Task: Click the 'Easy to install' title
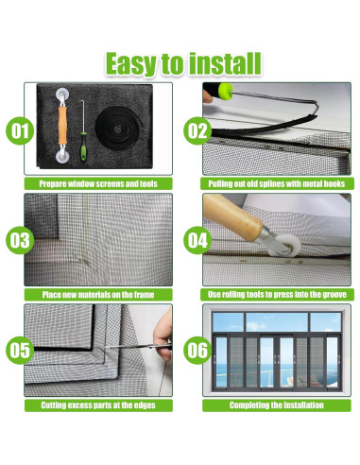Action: pyautogui.click(x=183, y=63)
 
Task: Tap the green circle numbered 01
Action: pyautogui.click(x=20, y=130)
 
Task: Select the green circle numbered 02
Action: pyautogui.click(x=197, y=130)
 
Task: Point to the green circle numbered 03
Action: pyautogui.click(x=20, y=240)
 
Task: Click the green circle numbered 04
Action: pyautogui.click(x=197, y=240)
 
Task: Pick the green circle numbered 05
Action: pyautogui.click(x=20, y=351)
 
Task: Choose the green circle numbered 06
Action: pyautogui.click(x=197, y=351)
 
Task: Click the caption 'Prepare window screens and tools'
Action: pyautogui.click(x=98, y=183)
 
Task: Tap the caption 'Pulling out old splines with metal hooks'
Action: pyautogui.click(x=277, y=183)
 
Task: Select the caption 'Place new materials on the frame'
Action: pyautogui.click(x=98, y=295)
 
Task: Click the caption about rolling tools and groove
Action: pyautogui.click(x=277, y=295)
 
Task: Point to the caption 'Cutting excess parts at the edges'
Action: pyautogui.click(x=98, y=405)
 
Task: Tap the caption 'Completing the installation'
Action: pyautogui.click(x=277, y=405)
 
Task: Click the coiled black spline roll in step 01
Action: pyautogui.click(x=118, y=128)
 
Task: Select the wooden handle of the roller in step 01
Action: pyautogui.click(x=62, y=125)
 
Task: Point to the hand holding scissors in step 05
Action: pyautogui.click(x=163, y=336)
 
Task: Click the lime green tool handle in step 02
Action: pyautogui.click(x=226, y=91)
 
